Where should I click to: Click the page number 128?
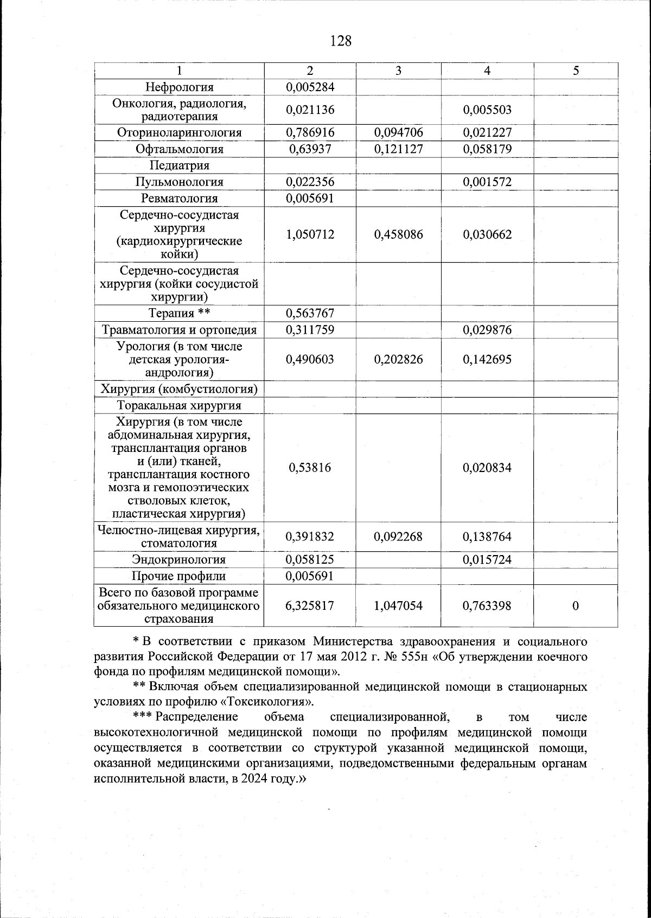[341, 41]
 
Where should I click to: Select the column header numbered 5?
[576, 71]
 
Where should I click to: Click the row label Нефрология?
[180, 87]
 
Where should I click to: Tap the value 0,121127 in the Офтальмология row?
[398, 149]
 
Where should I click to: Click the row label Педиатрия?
[180, 165]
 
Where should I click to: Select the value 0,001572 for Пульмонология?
[487, 182]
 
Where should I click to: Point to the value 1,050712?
[310, 234]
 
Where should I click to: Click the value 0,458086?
[398, 234]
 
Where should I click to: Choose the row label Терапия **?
[180, 314]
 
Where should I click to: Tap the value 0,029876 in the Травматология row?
[487, 330]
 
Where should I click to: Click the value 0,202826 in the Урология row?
[398, 359]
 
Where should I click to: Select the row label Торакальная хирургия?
[180, 405]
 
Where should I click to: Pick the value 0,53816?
[310, 468]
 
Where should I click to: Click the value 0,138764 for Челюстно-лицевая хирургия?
[487, 537]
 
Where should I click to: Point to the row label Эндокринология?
[180, 559]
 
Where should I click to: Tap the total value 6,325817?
[310, 605]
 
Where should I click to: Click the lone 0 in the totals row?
[576, 605]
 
